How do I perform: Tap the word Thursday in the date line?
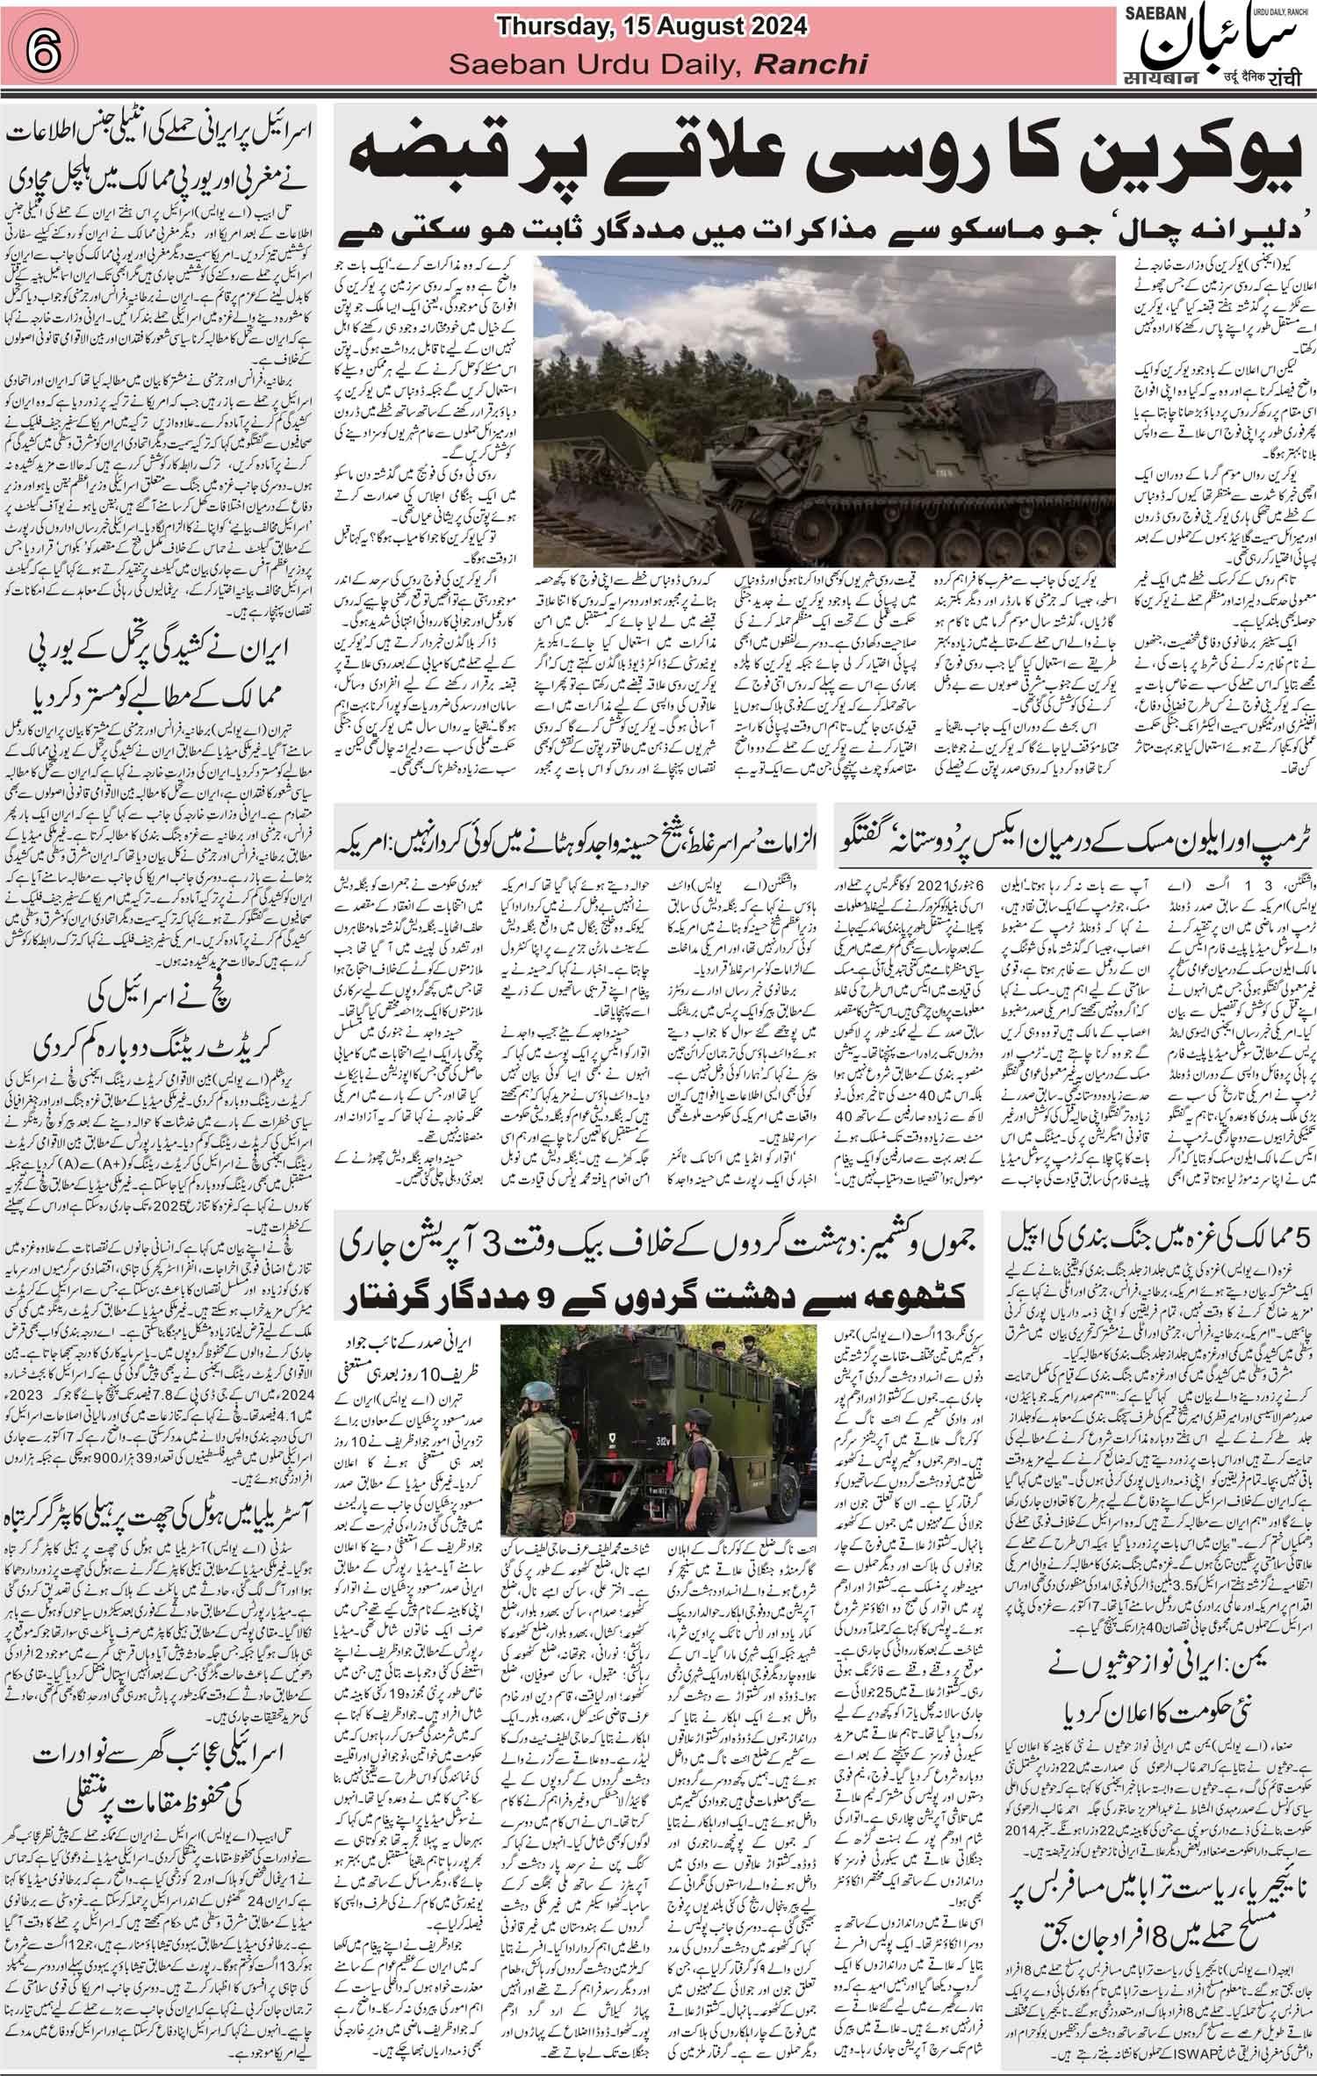pos(545,27)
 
